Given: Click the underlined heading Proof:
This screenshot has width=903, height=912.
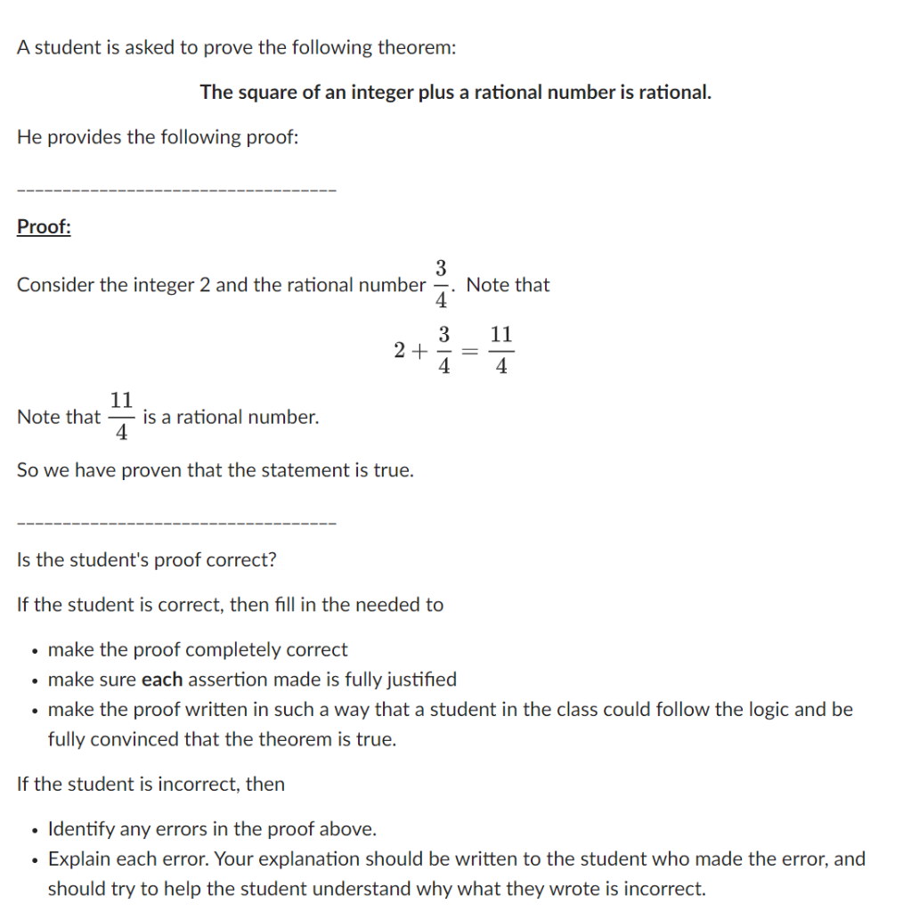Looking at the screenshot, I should [x=44, y=227].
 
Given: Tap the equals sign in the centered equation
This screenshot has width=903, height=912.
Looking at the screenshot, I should [x=472, y=351].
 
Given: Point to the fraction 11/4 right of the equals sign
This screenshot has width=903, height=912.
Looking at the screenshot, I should [x=501, y=350].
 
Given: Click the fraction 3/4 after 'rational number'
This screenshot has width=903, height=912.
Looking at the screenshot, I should [x=441, y=284].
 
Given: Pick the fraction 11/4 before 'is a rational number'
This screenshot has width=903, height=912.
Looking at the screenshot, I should [x=122, y=416].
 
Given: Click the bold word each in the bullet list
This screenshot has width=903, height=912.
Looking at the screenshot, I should [x=162, y=680].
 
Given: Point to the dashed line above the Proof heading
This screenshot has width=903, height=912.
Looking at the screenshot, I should [x=176, y=190].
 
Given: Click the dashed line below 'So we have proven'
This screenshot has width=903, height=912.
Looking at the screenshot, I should [x=176, y=523].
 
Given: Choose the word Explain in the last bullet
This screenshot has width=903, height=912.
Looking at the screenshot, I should [x=78, y=859].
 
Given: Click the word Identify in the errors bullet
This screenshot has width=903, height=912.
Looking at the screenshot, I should [x=81, y=830].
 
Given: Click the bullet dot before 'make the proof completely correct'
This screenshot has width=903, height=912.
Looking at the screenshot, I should [x=32, y=651].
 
